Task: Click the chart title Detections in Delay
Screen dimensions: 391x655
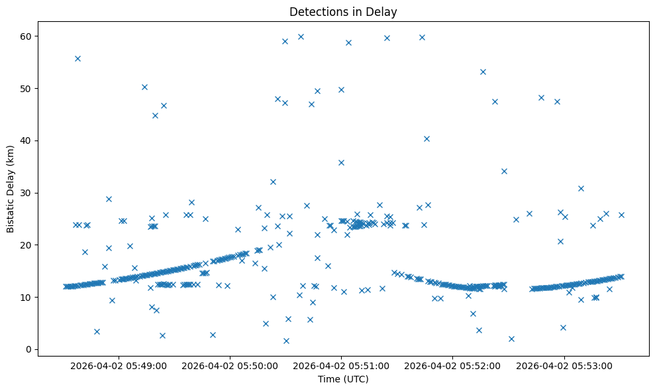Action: click(x=343, y=11)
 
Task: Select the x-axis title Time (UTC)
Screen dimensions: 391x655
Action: click(x=343, y=379)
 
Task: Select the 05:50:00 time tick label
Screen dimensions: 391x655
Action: click(x=230, y=365)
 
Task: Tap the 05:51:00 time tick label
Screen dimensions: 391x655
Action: click(x=342, y=365)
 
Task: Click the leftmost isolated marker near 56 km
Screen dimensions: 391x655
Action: click(x=77, y=58)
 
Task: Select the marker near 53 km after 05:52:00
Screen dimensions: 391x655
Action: click(x=483, y=72)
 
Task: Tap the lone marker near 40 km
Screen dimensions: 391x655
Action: click(x=427, y=139)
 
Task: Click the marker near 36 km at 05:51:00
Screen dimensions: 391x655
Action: click(x=341, y=162)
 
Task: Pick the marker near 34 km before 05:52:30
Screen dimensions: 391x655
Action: click(x=504, y=171)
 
